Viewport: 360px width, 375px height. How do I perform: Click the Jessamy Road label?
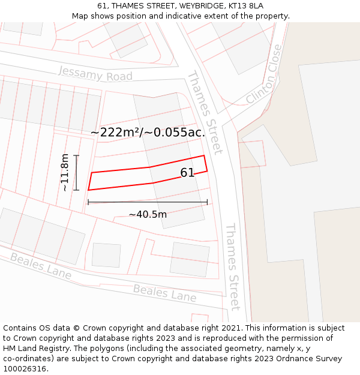[x=95, y=74]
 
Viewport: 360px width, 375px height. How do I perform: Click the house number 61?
[x=187, y=173]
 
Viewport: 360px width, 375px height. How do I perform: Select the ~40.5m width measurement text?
[x=148, y=214]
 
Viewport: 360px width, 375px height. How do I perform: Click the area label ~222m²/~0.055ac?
[x=148, y=133]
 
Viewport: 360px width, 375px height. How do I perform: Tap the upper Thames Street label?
[x=205, y=112]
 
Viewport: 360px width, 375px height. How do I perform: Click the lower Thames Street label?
[x=232, y=266]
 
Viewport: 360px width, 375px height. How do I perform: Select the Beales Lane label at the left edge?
[x=40, y=266]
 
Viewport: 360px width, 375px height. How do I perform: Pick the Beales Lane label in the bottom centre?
[x=164, y=293]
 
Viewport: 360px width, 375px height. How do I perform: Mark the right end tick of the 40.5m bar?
[x=207, y=202]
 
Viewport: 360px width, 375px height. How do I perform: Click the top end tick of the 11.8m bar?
[x=76, y=155]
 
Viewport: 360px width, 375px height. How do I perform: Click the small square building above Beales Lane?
[x=106, y=255]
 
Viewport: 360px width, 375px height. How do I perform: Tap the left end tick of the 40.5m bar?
[x=88, y=202]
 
